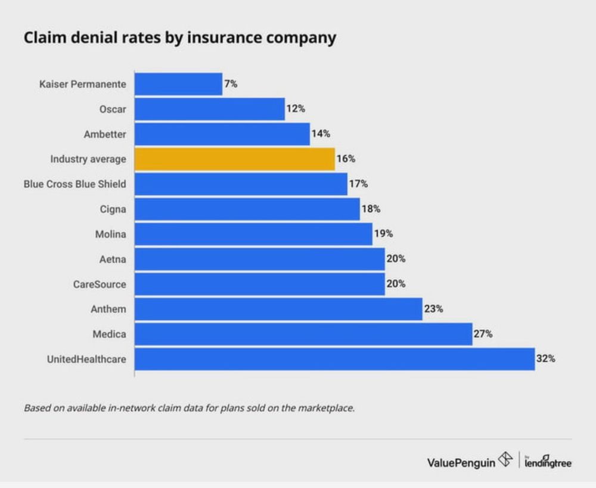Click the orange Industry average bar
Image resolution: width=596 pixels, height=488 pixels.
[x=234, y=159]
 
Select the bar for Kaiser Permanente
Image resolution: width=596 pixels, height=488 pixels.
[x=178, y=84]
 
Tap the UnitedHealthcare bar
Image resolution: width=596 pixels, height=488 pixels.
[x=334, y=359]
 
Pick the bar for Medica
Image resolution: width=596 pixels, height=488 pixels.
[x=303, y=334]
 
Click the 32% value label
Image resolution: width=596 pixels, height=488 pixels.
[x=546, y=359]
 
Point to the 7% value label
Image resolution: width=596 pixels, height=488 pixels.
[x=231, y=84]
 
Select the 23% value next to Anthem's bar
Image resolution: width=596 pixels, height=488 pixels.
[x=433, y=309]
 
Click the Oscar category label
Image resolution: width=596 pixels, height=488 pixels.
[x=113, y=109]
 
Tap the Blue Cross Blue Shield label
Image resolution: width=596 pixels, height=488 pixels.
[x=75, y=184]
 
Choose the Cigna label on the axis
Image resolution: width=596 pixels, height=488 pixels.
[x=113, y=209]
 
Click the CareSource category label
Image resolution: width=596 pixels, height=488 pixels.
[x=100, y=284]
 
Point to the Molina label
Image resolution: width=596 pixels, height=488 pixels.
[x=111, y=234]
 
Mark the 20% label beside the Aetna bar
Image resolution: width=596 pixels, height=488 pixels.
[x=396, y=259]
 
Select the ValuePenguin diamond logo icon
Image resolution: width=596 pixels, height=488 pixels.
[x=506, y=461]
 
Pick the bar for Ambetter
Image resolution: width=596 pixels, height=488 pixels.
[x=222, y=134]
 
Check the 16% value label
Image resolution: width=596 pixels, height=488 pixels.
[x=346, y=159]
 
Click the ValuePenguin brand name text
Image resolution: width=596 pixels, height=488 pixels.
[x=461, y=462]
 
